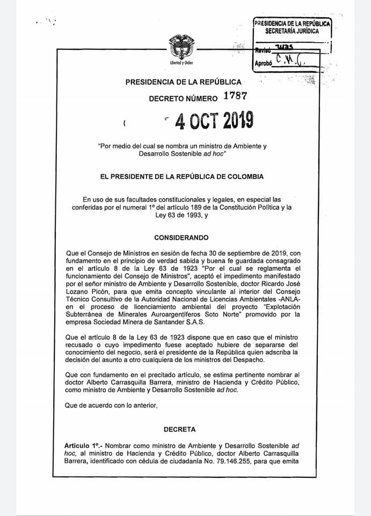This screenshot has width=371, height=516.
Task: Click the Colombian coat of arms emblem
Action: point(181,47)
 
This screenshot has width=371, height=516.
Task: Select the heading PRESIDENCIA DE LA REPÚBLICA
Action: point(183,82)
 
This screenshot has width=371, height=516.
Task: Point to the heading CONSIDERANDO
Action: point(181,238)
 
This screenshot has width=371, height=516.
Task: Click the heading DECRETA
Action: point(181,429)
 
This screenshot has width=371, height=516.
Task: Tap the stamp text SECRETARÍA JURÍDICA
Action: point(292,31)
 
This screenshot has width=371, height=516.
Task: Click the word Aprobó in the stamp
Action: point(263,63)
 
